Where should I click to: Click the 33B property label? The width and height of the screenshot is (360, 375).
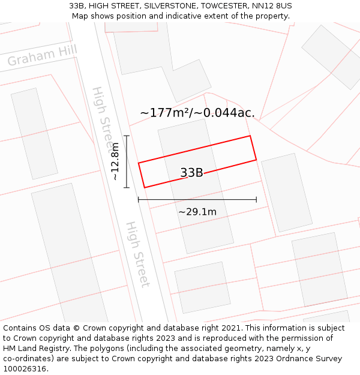click(x=191, y=173)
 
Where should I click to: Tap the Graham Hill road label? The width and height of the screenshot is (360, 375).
click(x=42, y=56)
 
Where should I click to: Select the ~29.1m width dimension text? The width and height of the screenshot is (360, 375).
click(x=197, y=212)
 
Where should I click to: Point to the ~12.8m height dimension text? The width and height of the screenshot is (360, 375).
click(x=115, y=161)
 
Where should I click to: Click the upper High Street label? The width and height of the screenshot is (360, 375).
click(x=102, y=117)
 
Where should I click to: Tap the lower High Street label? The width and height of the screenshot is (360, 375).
click(x=137, y=254)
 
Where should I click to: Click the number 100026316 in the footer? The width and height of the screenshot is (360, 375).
click(x=23, y=368)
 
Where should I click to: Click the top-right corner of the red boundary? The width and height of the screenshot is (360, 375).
click(x=250, y=136)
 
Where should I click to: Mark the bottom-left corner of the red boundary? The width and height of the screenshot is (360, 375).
click(x=145, y=188)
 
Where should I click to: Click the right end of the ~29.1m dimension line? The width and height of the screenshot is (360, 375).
click(x=256, y=200)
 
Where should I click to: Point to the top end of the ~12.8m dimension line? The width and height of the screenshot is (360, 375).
click(x=127, y=136)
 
